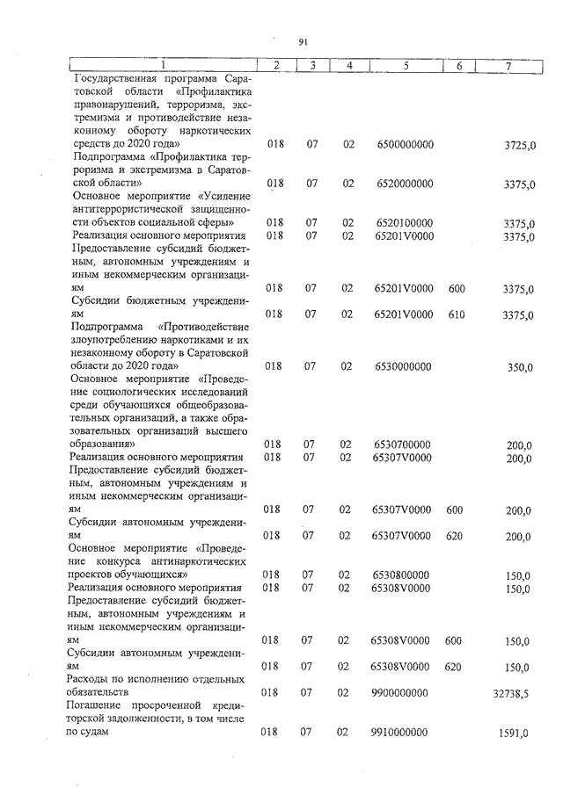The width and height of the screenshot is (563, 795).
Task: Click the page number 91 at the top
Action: [303, 41]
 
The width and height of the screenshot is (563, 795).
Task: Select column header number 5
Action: [406, 66]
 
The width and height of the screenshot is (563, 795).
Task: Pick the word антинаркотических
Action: [203, 560]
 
